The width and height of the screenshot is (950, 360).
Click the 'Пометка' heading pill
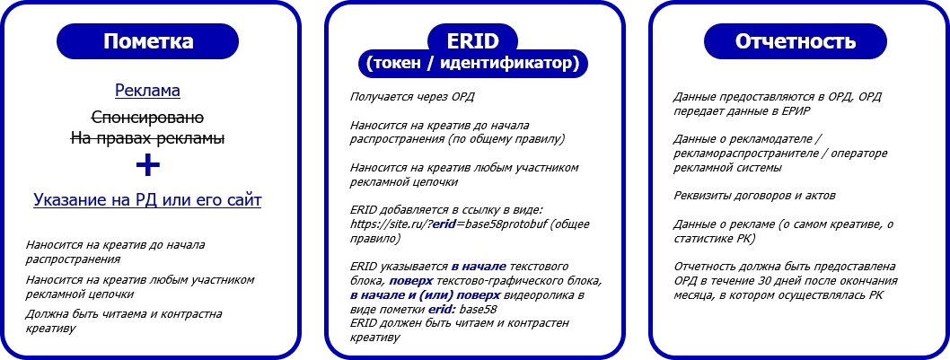point(148,41)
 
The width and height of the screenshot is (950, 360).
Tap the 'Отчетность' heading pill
point(796,41)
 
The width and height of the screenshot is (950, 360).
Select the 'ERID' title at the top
point(472,40)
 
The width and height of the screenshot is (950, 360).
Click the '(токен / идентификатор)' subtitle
point(472,63)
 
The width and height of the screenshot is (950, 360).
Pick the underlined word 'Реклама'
point(148,91)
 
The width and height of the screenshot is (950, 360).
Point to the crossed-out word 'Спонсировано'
point(147,117)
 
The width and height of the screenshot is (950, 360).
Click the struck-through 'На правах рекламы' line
point(148,138)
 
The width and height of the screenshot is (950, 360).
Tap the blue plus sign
point(148,165)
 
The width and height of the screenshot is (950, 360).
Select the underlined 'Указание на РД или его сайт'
point(147,200)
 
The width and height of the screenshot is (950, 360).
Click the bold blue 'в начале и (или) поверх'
point(426,295)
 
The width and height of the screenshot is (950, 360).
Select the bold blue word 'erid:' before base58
point(443,309)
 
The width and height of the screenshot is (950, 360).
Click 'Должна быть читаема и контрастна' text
point(124,314)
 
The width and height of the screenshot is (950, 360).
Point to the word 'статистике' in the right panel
point(702,239)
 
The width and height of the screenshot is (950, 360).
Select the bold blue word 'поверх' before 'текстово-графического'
point(411,281)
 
